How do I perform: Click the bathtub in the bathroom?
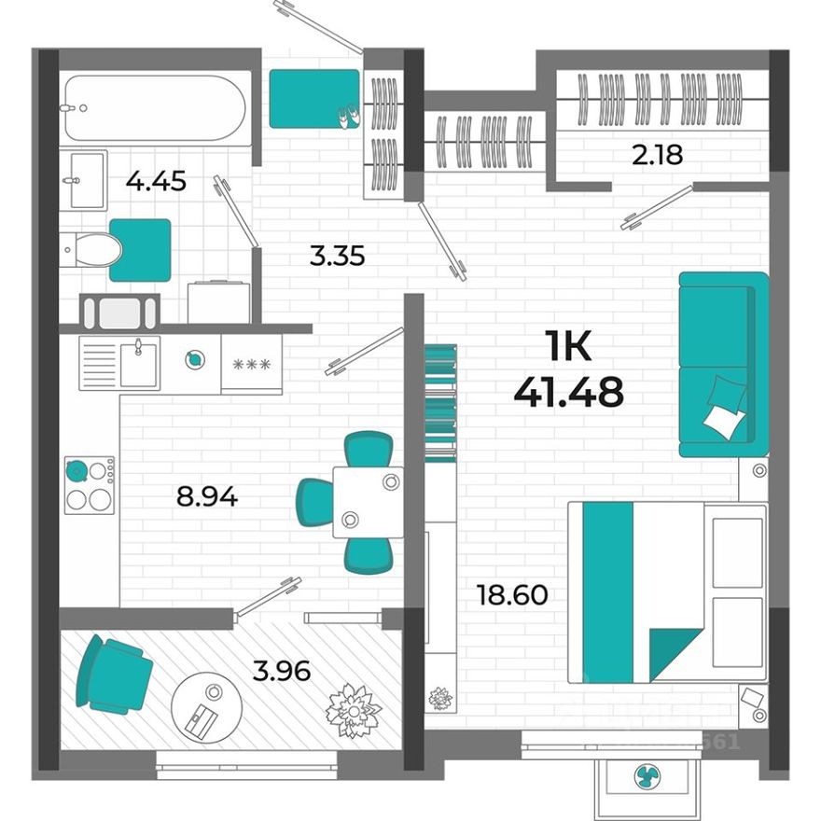[x=154, y=107]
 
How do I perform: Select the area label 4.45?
[x=156, y=181]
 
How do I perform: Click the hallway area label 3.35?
[x=337, y=254]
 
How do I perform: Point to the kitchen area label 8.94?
[x=207, y=496]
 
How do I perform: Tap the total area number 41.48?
[x=568, y=392]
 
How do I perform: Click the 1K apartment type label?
[x=568, y=348]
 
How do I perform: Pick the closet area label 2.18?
[x=658, y=155]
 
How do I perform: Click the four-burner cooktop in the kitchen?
[x=90, y=485]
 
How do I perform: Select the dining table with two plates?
[x=368, y=501]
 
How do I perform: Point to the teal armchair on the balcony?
[x=114, y=674]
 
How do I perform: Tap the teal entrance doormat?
[x=314, y=98]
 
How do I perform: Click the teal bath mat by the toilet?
[x=141, y=250]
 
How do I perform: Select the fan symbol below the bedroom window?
[x=647, y=774]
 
